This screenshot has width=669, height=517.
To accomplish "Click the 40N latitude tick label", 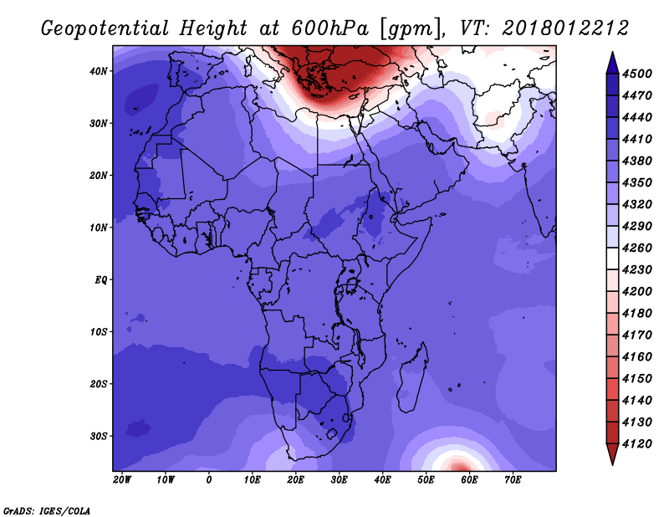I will pos(99,71).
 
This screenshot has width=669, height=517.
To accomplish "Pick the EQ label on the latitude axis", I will pos(101,279).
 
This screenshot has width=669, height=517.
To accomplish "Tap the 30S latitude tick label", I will pos(99,436).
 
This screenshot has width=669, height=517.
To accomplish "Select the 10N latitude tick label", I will pos(99,228).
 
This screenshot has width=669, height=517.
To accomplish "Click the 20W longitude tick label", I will pos(122,480).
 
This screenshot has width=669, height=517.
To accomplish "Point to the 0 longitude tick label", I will pos(209,480).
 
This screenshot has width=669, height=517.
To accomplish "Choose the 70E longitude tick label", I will pos(513,480).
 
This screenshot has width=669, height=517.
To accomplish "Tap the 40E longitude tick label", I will pos(382,480).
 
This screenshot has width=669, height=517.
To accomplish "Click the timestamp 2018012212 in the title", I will pos(565,28).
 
